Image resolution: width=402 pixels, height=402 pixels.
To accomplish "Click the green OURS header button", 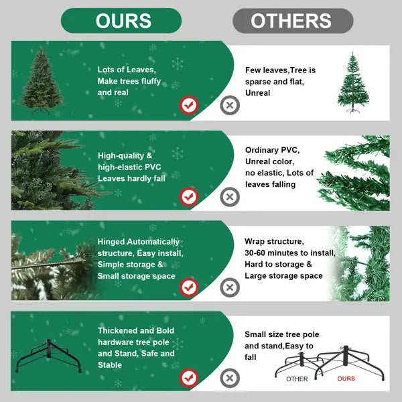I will tap(121, 21).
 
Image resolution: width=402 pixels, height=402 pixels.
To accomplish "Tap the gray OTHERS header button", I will tap(293, 21).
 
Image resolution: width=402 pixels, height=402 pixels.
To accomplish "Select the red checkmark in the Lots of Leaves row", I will tap(190, 105).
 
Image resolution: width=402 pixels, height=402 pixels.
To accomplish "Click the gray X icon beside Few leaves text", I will tap(230, 105).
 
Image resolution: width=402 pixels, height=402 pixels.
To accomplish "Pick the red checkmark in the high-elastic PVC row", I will tap(190, 196).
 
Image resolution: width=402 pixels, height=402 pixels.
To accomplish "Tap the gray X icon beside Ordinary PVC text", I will tap(230, 196).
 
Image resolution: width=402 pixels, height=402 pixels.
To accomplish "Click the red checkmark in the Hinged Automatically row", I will tap(190, 287).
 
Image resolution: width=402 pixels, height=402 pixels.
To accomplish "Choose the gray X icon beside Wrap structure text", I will tap(230, 287).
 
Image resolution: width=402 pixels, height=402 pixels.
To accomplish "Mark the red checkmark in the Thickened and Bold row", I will tap(190, 378).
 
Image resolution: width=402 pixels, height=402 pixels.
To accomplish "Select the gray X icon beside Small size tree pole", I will tap(230, 378).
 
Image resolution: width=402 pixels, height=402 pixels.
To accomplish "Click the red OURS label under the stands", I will tap(346, 379).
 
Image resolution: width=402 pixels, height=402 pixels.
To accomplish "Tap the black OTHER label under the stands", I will tap(297, 379).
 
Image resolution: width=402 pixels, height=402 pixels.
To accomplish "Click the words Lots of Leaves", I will tap(127, 70).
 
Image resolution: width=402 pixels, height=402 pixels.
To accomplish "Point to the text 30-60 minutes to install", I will tap(290, 253).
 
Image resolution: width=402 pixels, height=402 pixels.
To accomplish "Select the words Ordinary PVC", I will tap(272, 149).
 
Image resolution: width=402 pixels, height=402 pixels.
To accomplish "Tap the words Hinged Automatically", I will tap(139, 242).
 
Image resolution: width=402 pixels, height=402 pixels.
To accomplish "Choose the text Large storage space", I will tap(283, 275).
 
